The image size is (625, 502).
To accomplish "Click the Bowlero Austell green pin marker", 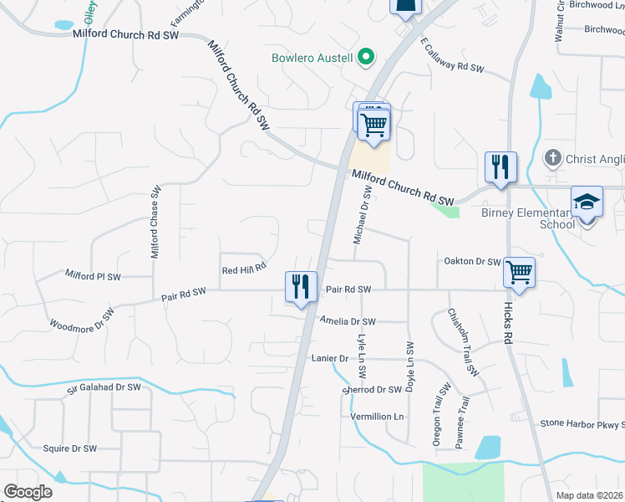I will coord(365,58).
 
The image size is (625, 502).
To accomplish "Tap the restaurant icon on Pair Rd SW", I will coord(299,286).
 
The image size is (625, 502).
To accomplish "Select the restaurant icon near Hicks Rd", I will coord(501,166).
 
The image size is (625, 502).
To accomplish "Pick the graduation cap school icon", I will coord(587,203).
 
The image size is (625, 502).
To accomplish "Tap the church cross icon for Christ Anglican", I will coord(552,157).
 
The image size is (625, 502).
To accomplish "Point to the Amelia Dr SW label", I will coord(348,321).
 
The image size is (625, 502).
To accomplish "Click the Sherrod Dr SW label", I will coord(373,390).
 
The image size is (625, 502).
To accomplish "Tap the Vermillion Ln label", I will coord(377,417).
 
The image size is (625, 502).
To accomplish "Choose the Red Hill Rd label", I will coord(244,269).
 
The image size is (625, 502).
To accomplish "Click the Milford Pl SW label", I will coord(93,275).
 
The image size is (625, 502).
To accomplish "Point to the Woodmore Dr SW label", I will coord(82,320).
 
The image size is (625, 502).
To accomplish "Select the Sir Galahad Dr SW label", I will coord(104,387).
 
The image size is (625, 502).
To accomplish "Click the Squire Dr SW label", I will coord(70,448).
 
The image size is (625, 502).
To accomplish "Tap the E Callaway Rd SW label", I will coord(452,55).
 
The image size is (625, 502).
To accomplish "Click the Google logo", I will coord(28,491).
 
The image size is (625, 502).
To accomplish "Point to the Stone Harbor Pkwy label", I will coord(582,423).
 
